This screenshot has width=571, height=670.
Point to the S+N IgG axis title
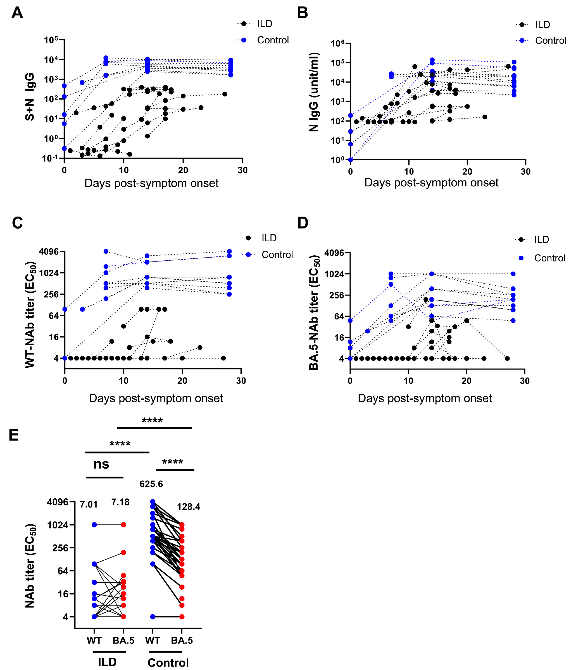coord(30,97)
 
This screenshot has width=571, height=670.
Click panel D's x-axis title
coord(425,398)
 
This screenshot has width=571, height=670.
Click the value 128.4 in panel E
coord(189,507)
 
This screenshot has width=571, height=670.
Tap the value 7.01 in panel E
coord(89,504)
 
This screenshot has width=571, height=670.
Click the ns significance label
coord(101,464)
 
